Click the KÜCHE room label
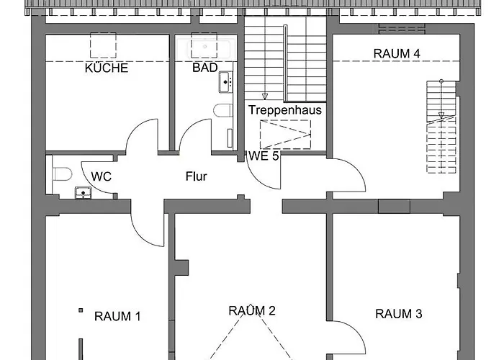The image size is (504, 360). pyautogui.click(x=107, y=68)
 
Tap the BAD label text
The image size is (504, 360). pyautogui.click(x=204, y=68)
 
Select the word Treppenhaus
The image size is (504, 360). pyautogui.click(x=285, y=110)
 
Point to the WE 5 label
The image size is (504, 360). pyautogui.click(x=264, y=156)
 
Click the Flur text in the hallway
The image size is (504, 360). pyautogui.click(x=197, y=176)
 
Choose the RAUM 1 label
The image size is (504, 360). pyautogui.click(x=117, y=315)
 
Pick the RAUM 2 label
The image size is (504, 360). pyautogui.click(x=252, y=311)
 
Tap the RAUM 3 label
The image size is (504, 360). pyautogui.click(x=398, y=314)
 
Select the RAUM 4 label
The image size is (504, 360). pyautogui.click(x=397, y=53)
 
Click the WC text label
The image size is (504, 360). pyautogui.click(x=101, y=176)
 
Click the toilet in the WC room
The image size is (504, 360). pyautogui.click(x=60, y=174)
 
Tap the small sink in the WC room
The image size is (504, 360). pyautogui.click(x=83, y=192)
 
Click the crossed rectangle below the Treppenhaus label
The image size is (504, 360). pyautogui.click(x=285, y=135)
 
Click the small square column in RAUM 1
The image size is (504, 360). pyautogui.click(x=81, y=311)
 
